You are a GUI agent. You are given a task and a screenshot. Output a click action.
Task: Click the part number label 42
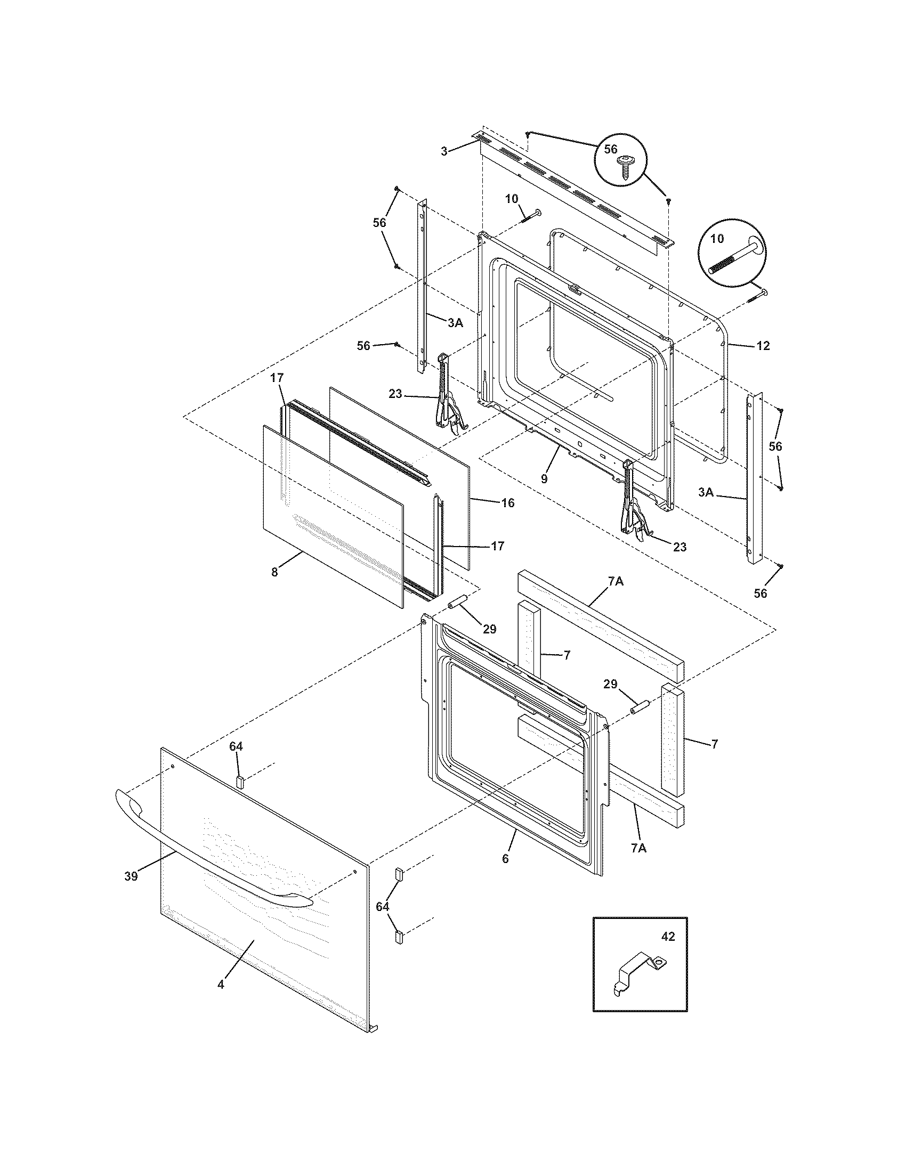pyautogui.click(x=668, y=937)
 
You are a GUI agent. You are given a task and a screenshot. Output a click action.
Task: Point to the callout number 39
pyautogui.click(x=131, y=876)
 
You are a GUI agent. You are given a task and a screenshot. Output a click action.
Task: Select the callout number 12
pyautogui.click(x=763, y=346)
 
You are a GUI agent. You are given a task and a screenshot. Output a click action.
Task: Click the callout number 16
pyautogui.click(x=507, y=503)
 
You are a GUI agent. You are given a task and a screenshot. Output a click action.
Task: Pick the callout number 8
pyautogui.click(x=274, y=572)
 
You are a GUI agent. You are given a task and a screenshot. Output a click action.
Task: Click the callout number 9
pyautogui.click(x=544, y=479)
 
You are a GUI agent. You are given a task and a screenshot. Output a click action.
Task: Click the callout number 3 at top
pyautogui.click(x=444, y=151)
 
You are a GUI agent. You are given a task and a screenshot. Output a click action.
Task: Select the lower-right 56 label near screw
pyautogui.click(x=761, y=593)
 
